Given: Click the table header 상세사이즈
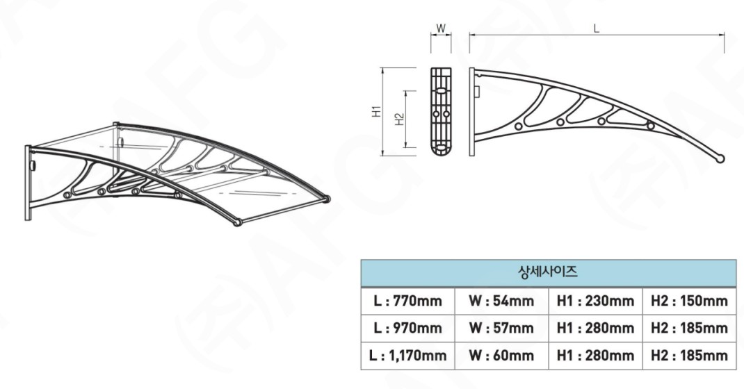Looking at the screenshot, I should click(x=548, y=272).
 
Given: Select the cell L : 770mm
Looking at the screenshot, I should click(x=407, y=301).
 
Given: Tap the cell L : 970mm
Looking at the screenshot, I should click(x=407, y=328).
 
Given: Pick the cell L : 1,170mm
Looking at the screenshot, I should click(x=407, y=356).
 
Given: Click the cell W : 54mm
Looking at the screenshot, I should click(x=501, y=301).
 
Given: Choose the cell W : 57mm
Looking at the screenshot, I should click(x=501, y=328).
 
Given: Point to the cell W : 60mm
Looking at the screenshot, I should click(x=501, y=356).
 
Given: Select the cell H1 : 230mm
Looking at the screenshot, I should click(x=595, y=301).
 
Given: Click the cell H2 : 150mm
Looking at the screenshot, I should click(x=689, y=301).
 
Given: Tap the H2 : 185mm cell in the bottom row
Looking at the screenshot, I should click(x=689, y=356).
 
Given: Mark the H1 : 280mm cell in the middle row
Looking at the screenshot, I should click(x=595, y=328).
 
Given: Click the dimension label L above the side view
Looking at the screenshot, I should click(x=597, y=28).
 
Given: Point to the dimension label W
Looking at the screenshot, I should click(x=441, y=28).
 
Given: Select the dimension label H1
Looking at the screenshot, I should click(x=376, y=111).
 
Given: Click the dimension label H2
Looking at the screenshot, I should click(x=399, y=119).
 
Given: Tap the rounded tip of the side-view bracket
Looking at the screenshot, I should click(x=723, y=158).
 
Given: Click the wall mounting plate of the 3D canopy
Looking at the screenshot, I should click(x=29, y=183).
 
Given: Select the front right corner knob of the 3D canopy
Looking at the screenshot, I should click(x=327, y=199).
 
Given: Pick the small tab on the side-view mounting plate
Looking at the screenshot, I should click(x=478, y=90).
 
